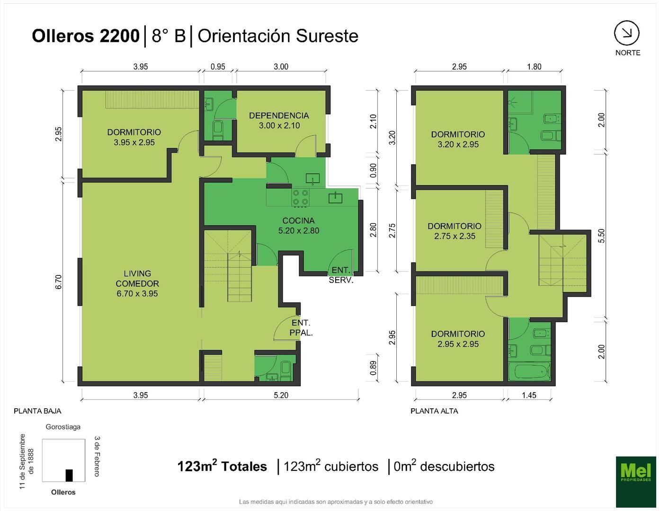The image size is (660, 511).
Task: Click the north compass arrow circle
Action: coord(627,33)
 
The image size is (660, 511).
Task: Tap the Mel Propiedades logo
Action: coord(635,481)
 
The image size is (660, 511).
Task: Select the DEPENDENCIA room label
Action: coord(279,120)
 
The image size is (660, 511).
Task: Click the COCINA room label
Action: coord(298,226)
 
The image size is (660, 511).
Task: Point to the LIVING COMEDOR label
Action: coord(137,283)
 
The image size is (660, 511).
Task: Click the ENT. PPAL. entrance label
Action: coord(301,327)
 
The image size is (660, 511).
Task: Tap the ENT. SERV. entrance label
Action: coord(341,275)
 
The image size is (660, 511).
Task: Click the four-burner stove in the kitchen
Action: coord(301,197)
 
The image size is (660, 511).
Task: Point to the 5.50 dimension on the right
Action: coord(601,236)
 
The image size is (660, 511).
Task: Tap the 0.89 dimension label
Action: coord(374,368)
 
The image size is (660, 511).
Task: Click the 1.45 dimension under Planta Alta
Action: coord(529,395)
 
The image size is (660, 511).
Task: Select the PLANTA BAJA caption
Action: coord(37,411)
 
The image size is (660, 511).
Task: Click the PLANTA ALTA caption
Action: coord(434,411)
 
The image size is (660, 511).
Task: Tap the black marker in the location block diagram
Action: coord(69,475)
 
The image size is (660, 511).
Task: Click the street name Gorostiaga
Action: coord(63,427)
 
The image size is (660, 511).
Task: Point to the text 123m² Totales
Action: coord(222,467)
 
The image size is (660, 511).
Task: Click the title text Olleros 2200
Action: coord(85,36)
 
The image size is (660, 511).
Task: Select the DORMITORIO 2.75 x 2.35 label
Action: coord(455,231)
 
